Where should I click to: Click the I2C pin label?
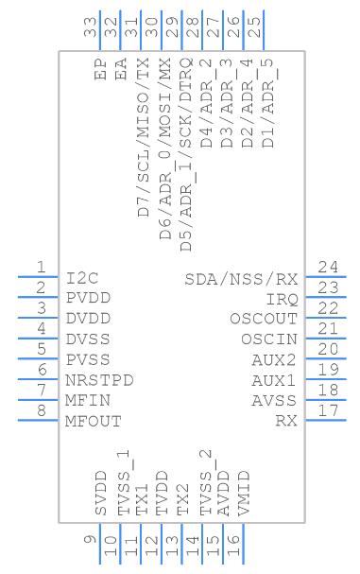(x=82, y=279)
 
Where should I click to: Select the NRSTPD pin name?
(x=99, y=380)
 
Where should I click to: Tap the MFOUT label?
(x=94, y=422)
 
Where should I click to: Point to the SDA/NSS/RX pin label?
(x=241, y=279)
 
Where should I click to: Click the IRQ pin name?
(x=283, y=300)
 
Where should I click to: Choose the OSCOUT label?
(x=264, y=319)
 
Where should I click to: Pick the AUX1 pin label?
(x=274, y=381)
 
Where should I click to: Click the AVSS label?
(x=274, y=401)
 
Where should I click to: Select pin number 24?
(x=328, y=267)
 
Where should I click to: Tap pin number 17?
(x=328, y=410)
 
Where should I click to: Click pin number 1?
(x=42, y=267)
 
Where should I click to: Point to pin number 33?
(x=91, y=27)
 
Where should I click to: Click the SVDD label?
(x=100, y=494)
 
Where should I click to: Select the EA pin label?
(x=121, y=69)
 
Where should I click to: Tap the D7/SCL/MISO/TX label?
(x=144, y=137)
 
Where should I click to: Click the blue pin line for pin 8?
(x=38, y=420)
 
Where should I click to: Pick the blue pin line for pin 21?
(x=326, y=339)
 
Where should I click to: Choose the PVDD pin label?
(x=88, y=299)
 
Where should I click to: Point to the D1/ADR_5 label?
(x=269, y=102)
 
